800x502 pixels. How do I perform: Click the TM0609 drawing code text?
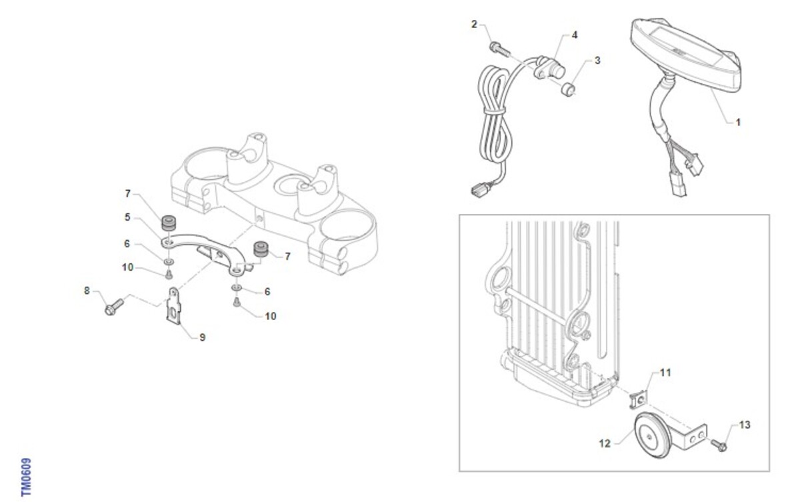(26, 477)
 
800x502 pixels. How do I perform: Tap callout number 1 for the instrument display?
(738, 123)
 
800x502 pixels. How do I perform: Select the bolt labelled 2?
(499, 49)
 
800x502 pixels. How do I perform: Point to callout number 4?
(575, 35)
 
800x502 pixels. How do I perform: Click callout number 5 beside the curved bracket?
(127, 217)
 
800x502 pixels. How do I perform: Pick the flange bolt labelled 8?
(114, 307)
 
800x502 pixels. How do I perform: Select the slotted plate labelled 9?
(174, 307)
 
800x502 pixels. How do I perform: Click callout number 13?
(745, 425)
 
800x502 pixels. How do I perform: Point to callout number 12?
(605, 443)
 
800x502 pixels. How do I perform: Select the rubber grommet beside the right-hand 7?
(261, 249)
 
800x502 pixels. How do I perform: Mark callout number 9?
(203, 337)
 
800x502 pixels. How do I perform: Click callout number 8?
(87, 291)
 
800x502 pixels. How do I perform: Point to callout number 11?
(665, 373)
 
